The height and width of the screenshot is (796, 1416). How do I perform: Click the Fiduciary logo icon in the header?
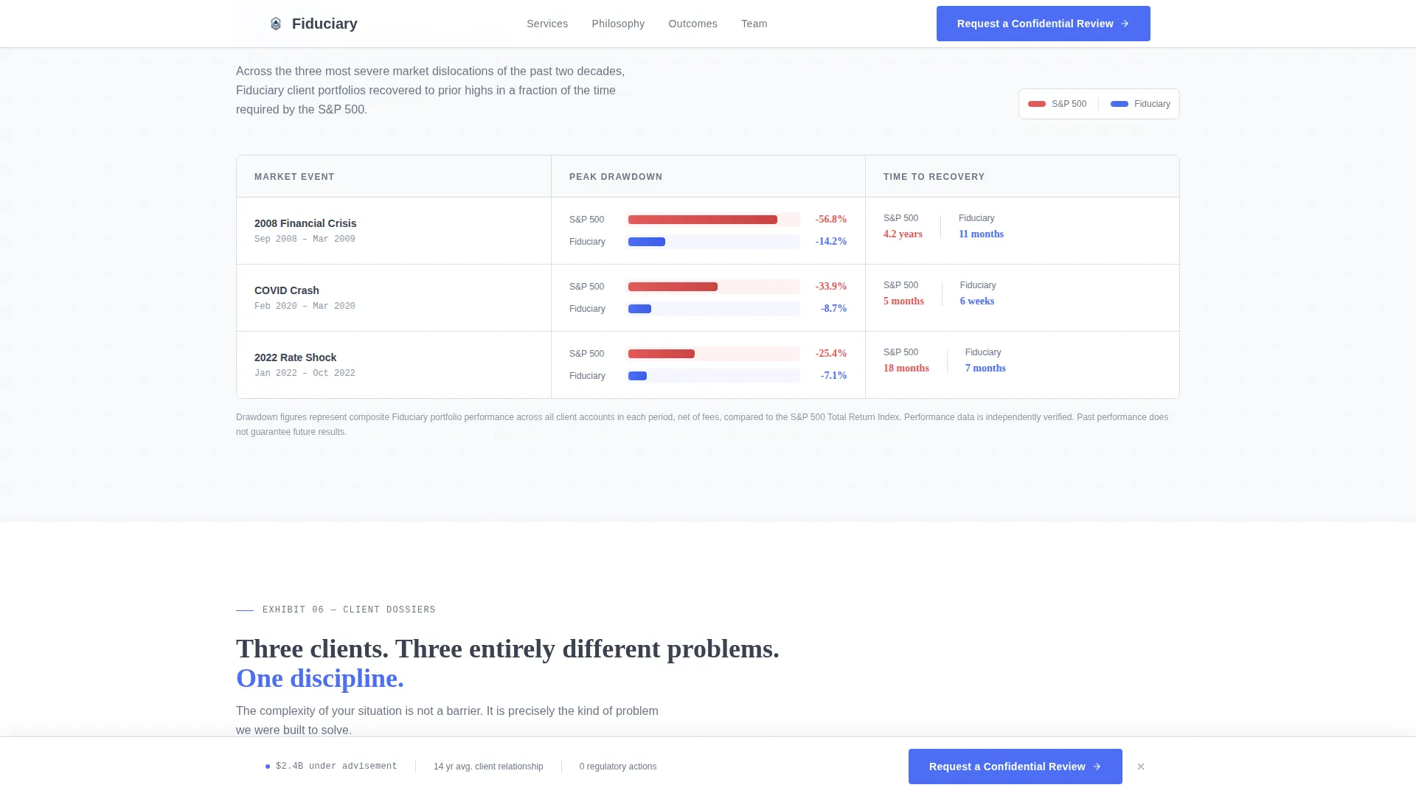[276, 24]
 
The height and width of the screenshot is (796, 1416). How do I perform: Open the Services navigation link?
[547, 24]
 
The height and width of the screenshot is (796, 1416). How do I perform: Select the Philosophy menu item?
[618, 24]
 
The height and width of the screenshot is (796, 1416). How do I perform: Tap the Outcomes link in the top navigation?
[693, 24]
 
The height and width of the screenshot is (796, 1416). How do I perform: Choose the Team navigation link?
[754, 24]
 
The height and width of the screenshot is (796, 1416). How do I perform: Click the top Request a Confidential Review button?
[1043, 24]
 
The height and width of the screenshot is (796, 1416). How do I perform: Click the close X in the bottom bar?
[1141, 767]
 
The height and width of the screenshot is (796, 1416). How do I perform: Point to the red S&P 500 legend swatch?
[1037, 104]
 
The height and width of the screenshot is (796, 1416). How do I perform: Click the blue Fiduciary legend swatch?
[1120, 104]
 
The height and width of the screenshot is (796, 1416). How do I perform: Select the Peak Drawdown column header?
[616, 177]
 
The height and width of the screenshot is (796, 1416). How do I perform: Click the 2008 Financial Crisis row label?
[305, 223]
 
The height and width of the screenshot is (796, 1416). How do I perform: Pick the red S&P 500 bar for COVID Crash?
[673, 287]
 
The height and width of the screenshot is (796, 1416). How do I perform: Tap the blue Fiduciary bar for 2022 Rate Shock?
[637, 376]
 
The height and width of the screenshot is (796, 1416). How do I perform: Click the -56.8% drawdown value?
[831, 220]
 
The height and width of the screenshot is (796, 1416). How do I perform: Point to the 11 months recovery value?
[981, 234]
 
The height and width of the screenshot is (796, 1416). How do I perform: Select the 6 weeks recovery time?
[977, 301]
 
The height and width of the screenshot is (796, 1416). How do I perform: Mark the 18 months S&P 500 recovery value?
[906, 369]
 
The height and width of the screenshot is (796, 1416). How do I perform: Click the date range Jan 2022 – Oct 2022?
[305, 374]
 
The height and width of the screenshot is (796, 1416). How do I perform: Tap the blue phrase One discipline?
[320, 678]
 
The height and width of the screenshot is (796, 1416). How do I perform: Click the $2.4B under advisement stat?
[336, 767]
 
